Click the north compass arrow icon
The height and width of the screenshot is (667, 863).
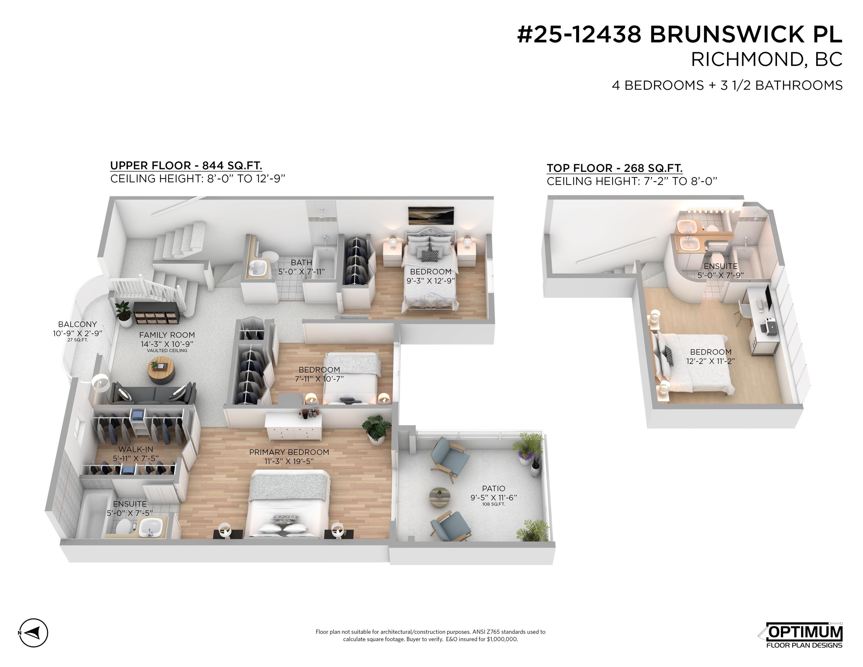coord(34,633)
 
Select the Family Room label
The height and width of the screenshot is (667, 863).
coord(167,335)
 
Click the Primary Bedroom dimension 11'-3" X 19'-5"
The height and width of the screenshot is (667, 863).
coord(289,461)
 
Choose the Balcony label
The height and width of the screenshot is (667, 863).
coord(78,325)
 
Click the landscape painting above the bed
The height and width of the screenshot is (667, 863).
coord(431,216)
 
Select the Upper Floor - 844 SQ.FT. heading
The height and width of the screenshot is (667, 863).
coord(186,166)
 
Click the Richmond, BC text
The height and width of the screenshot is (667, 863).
coord(767,60)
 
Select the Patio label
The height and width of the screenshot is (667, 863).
coord(494,488)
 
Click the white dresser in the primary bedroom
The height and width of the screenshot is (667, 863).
coord(293,427)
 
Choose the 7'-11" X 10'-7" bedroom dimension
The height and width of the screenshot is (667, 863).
coord(319,379)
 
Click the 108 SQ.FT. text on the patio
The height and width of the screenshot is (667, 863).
coord(494,504)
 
